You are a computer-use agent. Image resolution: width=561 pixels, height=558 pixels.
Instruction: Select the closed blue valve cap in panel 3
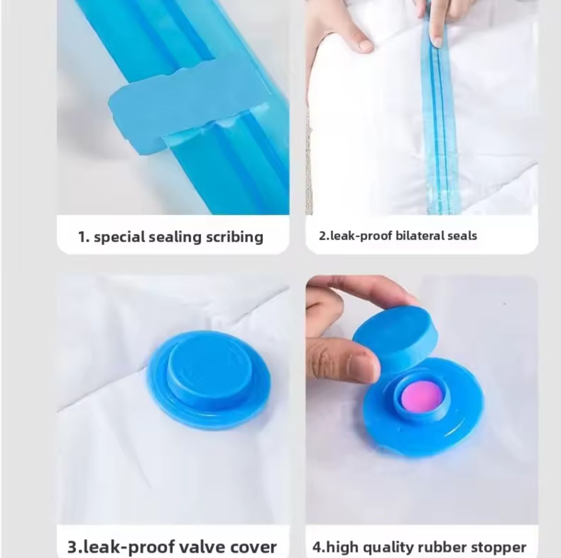click(209, 379)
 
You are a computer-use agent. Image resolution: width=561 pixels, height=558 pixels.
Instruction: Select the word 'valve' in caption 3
click(202, 546)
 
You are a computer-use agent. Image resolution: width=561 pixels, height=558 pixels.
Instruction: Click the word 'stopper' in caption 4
click(498, 547)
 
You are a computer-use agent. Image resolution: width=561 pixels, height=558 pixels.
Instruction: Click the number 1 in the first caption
click(82, 237)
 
